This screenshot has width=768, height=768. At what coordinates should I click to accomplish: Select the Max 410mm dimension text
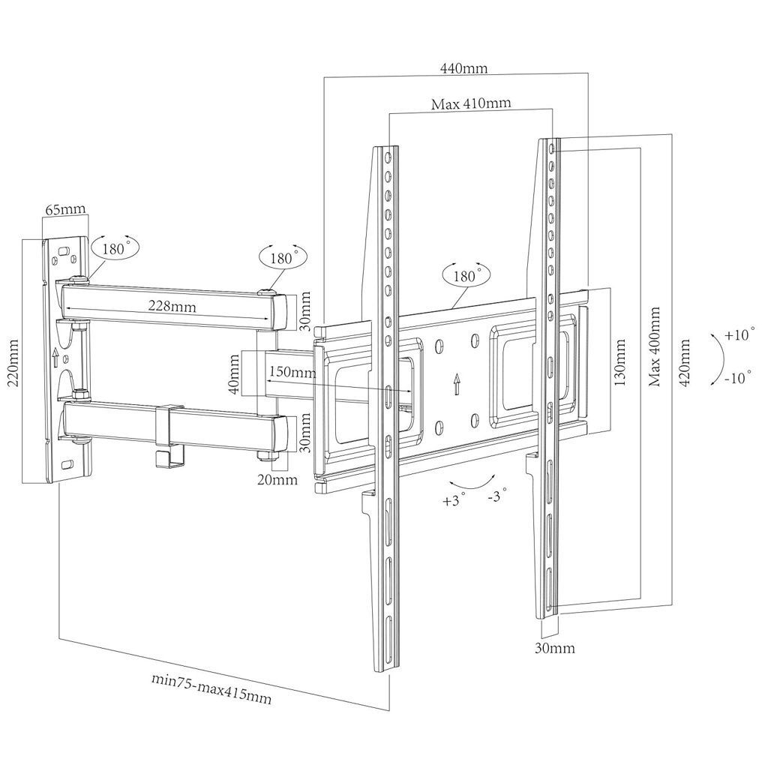pos(471,103)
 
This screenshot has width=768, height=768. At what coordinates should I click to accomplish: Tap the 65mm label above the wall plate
pos(64,210)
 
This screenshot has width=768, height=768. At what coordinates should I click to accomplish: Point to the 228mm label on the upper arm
pos(168,305)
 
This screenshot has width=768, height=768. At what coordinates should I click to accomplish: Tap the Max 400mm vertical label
pos(655,346)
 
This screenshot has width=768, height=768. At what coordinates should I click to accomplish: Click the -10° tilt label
pos(738,378)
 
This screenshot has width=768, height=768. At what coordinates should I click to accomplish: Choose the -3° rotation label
pos(496,496)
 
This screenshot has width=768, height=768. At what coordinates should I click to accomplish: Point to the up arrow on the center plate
pos(456,385)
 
